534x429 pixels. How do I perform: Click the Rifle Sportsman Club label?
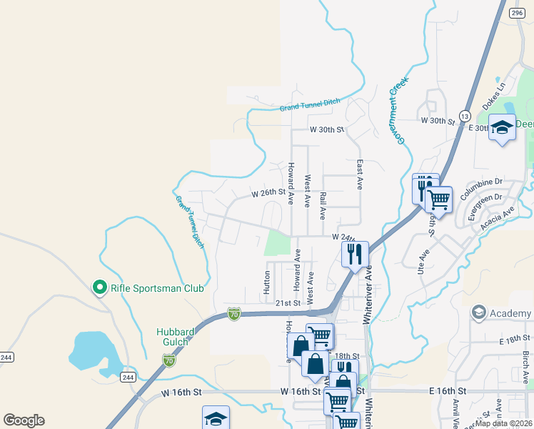157,289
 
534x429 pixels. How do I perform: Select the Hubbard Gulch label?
173,336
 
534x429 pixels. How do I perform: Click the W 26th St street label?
268,193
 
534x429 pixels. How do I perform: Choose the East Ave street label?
360,174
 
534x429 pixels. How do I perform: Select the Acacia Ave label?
498,217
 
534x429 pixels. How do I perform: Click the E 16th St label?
448,392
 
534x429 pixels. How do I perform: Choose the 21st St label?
287,303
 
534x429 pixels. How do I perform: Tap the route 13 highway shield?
465,116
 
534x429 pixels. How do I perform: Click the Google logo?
24,420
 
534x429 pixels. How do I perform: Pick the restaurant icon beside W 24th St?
354,253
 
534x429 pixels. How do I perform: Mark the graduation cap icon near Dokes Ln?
503,128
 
